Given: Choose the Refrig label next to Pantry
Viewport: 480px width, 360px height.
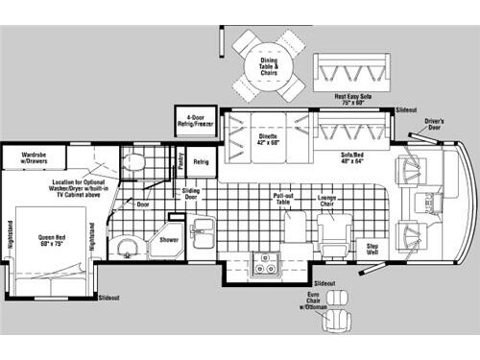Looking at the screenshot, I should pos(201,162).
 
